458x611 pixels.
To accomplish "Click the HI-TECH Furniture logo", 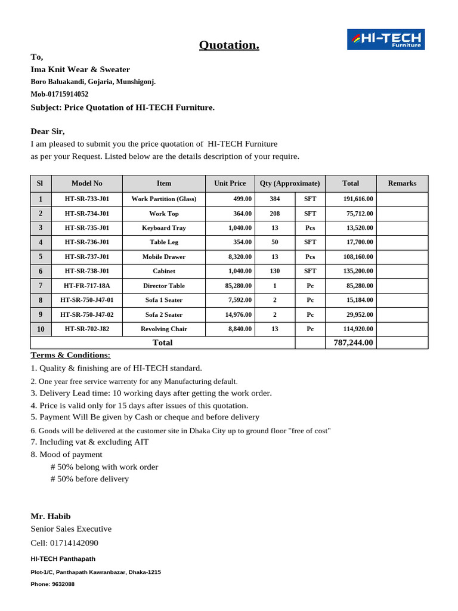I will [386, 39].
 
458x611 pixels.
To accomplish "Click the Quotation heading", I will [229, 45].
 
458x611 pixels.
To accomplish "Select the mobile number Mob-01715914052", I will [60, 94].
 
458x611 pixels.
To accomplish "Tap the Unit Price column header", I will [230, 184].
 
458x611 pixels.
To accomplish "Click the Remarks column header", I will [402, 184].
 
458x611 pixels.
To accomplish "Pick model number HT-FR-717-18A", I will [87, 286].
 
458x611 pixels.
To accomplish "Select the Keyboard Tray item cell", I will [164, 228].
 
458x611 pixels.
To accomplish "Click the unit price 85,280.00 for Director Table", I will [238, 286].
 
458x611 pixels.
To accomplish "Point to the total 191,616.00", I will [358, 199].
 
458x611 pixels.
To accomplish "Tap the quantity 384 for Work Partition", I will [274, 199].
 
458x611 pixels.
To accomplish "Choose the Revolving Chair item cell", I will [164, 329].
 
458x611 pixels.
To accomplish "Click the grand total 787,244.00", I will [354, 342].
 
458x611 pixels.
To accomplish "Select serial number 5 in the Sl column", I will [41, 257].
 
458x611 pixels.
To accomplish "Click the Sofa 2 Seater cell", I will [164, 314].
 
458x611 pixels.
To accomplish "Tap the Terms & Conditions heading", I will [70, 355].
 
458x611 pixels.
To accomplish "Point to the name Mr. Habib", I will [51, 516].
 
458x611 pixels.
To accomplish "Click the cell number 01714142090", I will [78, 543].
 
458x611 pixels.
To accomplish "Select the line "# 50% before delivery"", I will [89, 479].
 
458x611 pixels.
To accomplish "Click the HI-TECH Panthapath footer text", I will [63, 559].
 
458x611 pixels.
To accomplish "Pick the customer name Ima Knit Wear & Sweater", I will [81, 70].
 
